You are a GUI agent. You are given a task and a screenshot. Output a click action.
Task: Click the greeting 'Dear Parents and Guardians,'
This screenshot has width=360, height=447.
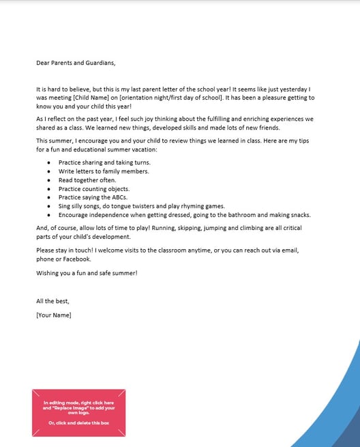(76, 63)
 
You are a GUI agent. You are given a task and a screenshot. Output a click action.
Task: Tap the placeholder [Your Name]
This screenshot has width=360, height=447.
(53, 315)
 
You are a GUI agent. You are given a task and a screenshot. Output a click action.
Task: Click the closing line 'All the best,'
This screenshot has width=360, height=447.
(52, 301)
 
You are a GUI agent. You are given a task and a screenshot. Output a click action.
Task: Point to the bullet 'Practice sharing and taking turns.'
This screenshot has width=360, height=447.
(104, 162)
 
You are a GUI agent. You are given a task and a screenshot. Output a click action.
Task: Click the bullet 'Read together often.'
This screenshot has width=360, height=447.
(87, 179)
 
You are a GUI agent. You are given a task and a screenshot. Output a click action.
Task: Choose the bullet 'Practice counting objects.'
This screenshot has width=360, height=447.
(93, 188)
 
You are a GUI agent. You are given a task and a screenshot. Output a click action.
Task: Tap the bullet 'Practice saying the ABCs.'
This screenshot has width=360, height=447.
(93, 197)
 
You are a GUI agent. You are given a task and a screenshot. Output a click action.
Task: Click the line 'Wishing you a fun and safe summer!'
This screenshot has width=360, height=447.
(87, 272)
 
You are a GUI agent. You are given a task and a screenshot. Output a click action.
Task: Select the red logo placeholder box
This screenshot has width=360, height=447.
(78, 412)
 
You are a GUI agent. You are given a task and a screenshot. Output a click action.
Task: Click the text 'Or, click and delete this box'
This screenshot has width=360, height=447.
(78, 423)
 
